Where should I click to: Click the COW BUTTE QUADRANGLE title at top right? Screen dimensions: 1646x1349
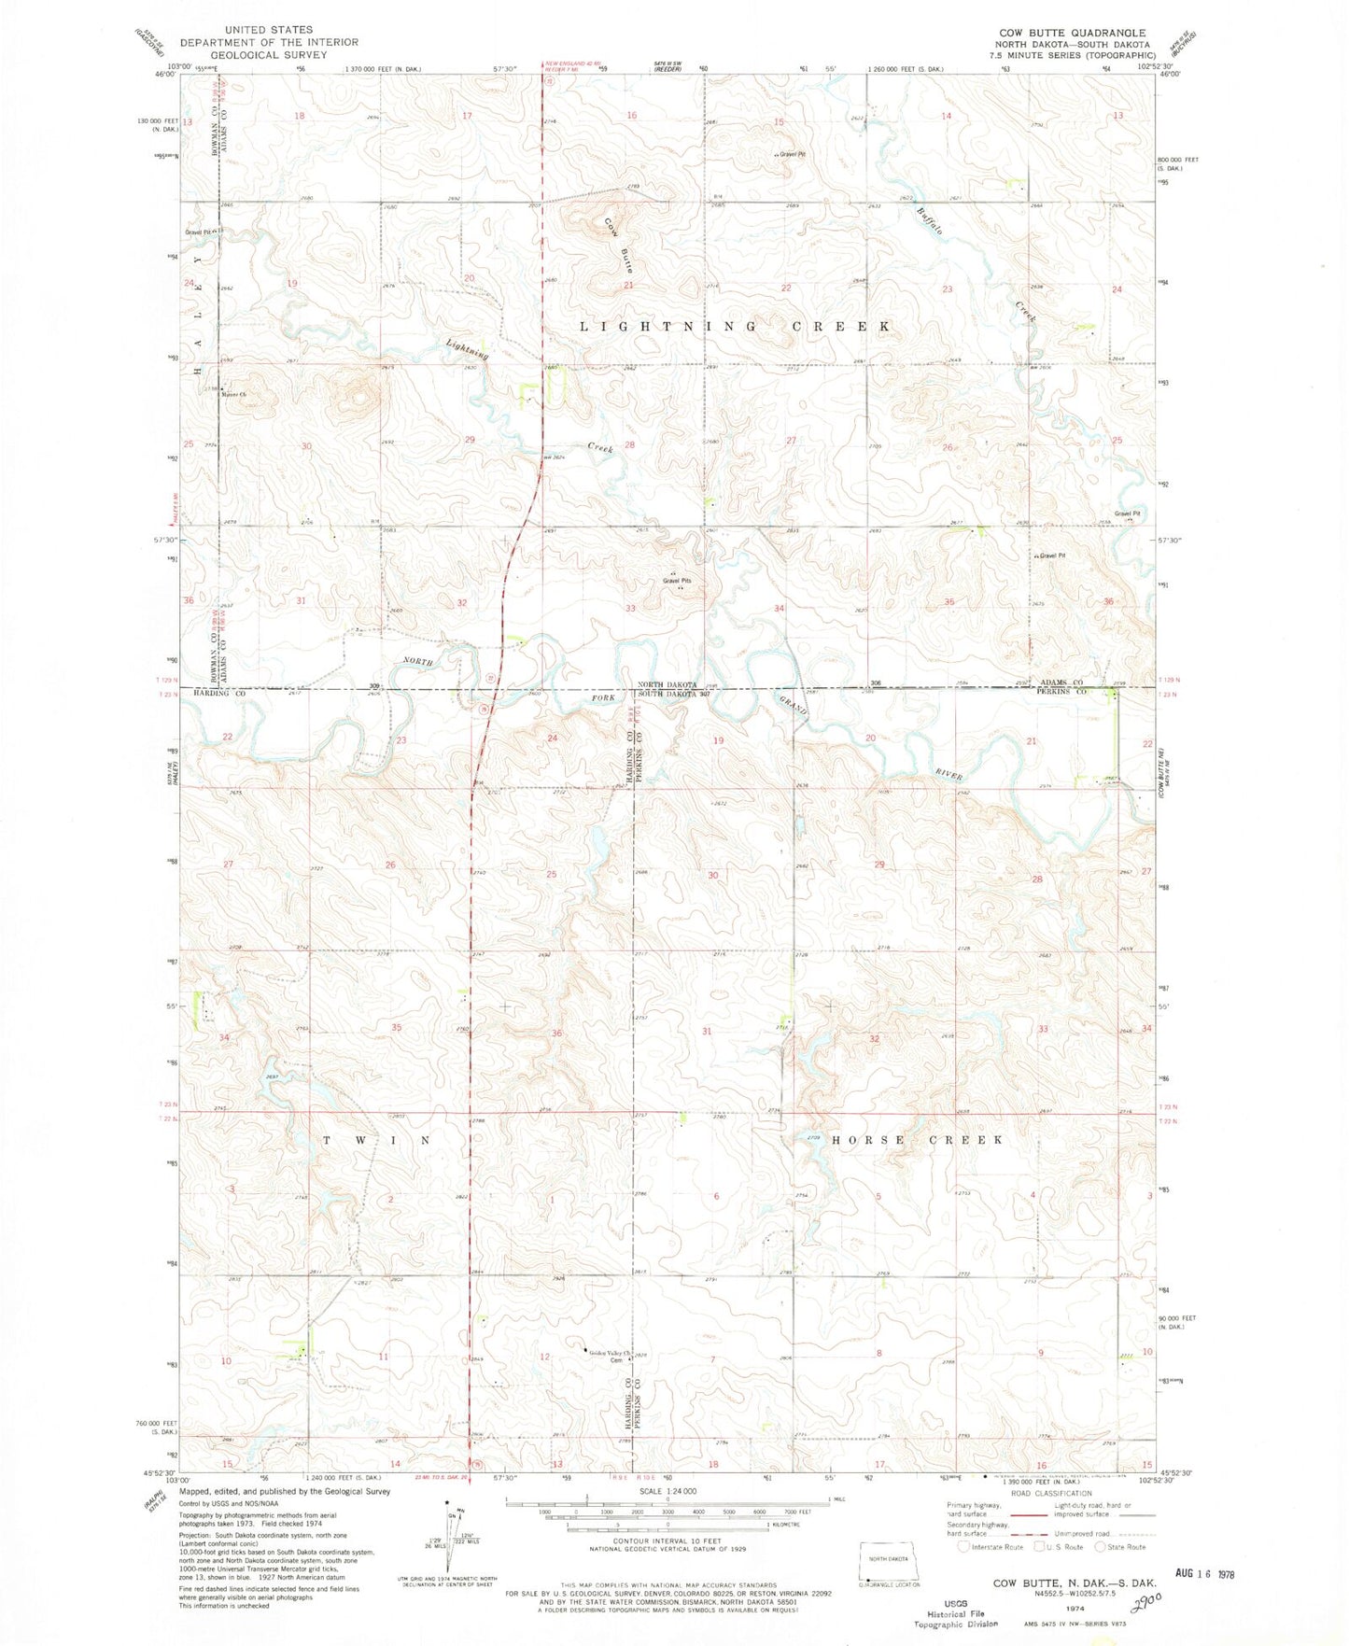[1072, 33]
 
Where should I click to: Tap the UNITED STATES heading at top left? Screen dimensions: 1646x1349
[269, 30]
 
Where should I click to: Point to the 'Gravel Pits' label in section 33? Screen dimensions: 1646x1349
[677, 581]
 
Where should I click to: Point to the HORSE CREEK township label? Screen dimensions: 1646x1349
[917, 1140]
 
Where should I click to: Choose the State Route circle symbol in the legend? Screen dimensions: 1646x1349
[1098, 1546]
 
